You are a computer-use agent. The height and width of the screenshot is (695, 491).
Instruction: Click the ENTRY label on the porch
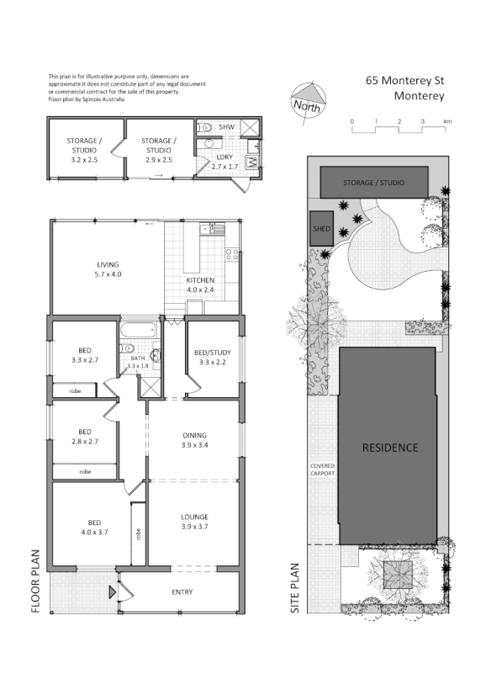(182, 592)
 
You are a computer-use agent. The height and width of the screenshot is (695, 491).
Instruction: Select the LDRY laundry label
(224, 157)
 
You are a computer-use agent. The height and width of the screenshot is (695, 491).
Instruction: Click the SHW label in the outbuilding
(225, 126)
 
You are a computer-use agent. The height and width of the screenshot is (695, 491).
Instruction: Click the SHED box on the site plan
(321, 228)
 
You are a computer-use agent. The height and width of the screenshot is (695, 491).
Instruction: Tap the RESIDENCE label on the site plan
(389, 448)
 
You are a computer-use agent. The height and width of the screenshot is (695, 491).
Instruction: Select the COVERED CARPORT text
(322, 470)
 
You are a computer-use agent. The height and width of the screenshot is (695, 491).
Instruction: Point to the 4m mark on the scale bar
(447, 123)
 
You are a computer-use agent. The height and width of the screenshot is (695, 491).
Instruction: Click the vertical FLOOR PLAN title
(35, 581)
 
